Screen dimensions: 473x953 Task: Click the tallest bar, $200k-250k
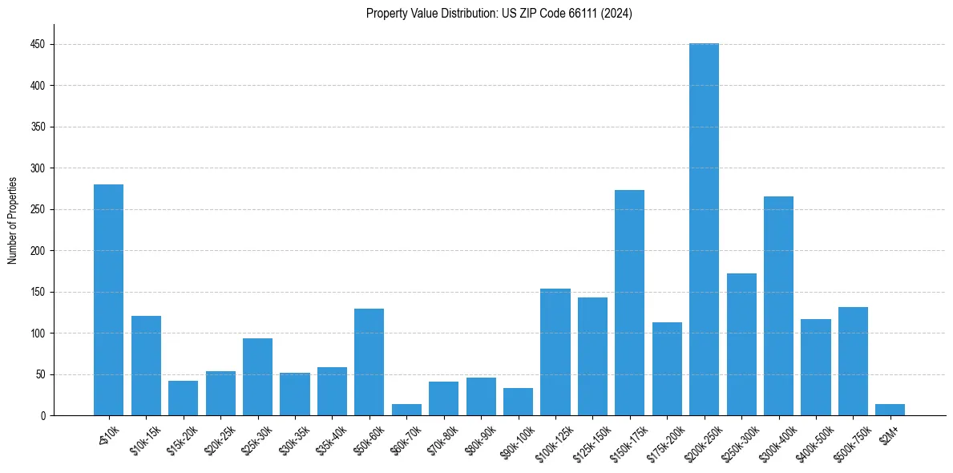pos(704,229)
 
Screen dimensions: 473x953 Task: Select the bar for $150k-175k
pos(629,303)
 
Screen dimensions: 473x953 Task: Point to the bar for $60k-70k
pos(406,410)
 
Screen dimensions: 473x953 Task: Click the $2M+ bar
pos(890,410)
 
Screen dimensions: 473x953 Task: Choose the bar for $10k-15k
pos(146,366)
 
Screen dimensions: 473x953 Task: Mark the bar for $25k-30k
pos(257,377)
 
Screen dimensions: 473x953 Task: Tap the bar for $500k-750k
pos(853,362)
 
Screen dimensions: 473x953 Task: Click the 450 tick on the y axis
pos(38,45)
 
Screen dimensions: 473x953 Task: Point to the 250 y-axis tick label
pos(38,209)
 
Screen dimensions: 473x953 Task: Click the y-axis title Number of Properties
pos(12,220)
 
